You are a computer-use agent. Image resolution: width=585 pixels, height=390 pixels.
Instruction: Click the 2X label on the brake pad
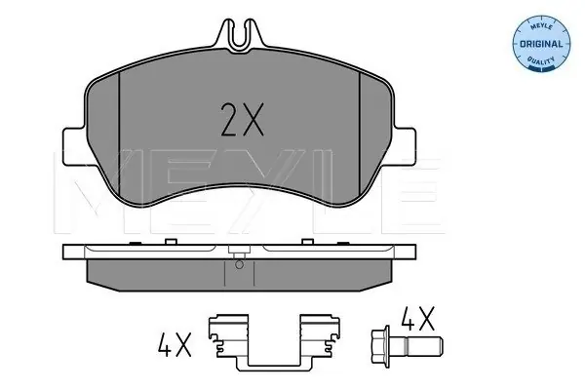coord(242,119)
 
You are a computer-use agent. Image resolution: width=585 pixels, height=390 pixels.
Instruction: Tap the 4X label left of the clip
coord(175,344)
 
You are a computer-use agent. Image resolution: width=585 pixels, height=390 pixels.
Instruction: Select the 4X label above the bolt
coord(418,319)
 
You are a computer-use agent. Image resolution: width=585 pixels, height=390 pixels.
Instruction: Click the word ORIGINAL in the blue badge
coord(541,44)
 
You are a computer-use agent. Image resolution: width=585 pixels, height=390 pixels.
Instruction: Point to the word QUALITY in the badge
coord(541,60)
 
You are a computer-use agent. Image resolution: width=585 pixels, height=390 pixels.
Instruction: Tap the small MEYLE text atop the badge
coord(541,27)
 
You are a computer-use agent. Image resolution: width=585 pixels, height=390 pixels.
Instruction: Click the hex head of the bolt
coord(380,344)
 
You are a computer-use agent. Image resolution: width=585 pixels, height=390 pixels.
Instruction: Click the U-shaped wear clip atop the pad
coord(241,34)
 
